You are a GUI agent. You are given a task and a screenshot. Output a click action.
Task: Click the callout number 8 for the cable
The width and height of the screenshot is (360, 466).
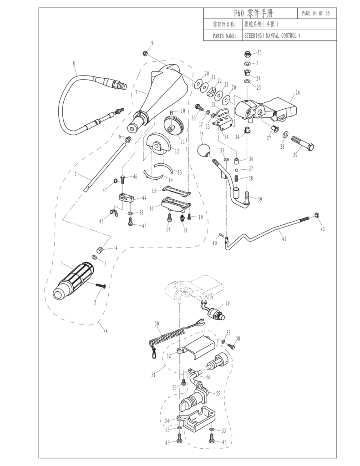(74, 63)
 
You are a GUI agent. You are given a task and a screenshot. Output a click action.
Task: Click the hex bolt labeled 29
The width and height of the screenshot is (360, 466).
(302, 144)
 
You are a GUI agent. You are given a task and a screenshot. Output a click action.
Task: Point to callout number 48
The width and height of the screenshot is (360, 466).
(106, 331)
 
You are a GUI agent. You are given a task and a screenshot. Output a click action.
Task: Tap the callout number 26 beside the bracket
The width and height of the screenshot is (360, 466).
(297, 92)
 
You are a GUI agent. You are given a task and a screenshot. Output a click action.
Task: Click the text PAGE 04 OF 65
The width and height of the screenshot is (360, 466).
(316, 13)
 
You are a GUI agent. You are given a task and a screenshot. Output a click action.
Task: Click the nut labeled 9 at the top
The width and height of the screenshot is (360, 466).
(144, 53)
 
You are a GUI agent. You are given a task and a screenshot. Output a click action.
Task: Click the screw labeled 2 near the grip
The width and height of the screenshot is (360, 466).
(100, 285)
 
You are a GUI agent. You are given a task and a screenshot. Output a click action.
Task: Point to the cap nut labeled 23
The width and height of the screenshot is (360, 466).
(248, 53)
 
